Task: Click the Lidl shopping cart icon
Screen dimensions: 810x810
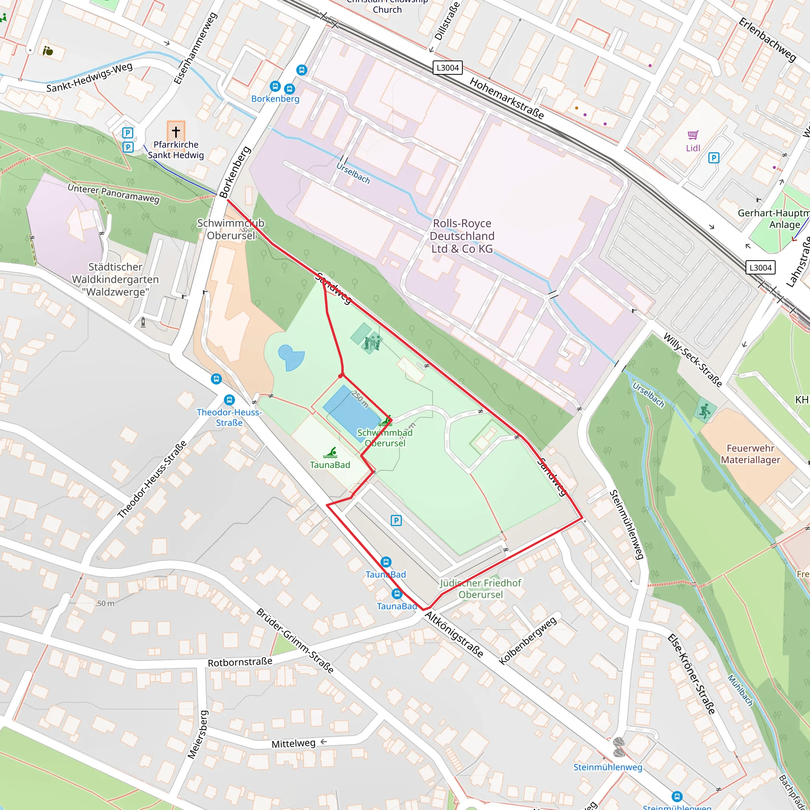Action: (693, 135)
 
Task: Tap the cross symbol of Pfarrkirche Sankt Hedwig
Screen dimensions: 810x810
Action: (176, 132)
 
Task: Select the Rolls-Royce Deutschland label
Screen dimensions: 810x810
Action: (462, 236)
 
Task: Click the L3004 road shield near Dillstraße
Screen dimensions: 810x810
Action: (447, 68)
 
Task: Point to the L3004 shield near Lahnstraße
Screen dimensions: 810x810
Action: (761, 267)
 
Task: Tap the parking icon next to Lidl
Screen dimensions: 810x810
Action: (713, 158)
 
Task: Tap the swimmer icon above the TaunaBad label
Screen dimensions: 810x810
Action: (330, 453)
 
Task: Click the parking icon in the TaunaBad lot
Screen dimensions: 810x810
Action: (396, 521)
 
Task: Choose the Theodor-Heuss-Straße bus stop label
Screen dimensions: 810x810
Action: (229, 418)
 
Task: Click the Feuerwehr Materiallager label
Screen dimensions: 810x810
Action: (750, 454)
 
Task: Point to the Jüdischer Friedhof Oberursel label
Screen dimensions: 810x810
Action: (481, 589)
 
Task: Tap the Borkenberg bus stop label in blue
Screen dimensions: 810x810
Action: (275, 99)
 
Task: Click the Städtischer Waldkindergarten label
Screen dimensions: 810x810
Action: (115, 279)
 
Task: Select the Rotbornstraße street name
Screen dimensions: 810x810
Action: (240, 662)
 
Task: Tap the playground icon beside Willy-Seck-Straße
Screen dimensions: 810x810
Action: (705, 411)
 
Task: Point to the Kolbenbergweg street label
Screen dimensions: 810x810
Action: (528, 641)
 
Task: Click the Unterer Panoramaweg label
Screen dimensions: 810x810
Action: (114, 193)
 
